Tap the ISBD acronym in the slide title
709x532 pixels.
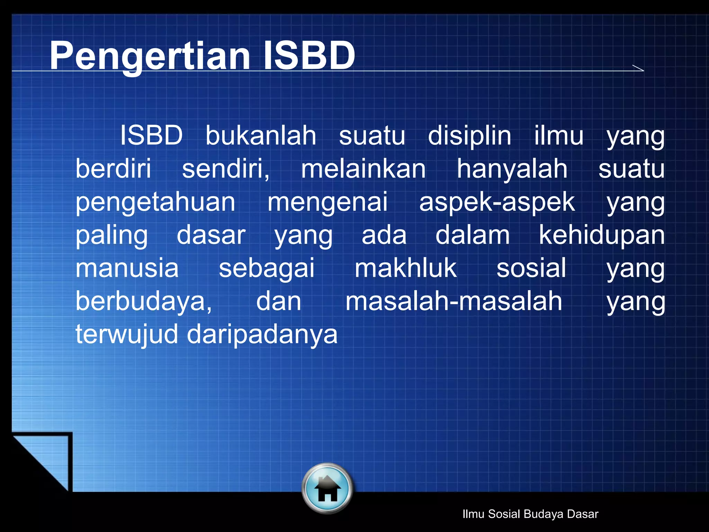[309, 55]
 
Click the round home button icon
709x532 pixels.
[327, 488]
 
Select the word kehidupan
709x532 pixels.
[602, 235]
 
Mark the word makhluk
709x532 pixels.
[406, 268]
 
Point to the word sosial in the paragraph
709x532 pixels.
[531, 268]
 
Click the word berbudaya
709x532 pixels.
[143, 301]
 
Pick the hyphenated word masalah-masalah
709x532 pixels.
[454, 301]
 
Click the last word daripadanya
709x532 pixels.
[262, 335]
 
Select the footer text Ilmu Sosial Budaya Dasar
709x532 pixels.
[530, 514]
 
